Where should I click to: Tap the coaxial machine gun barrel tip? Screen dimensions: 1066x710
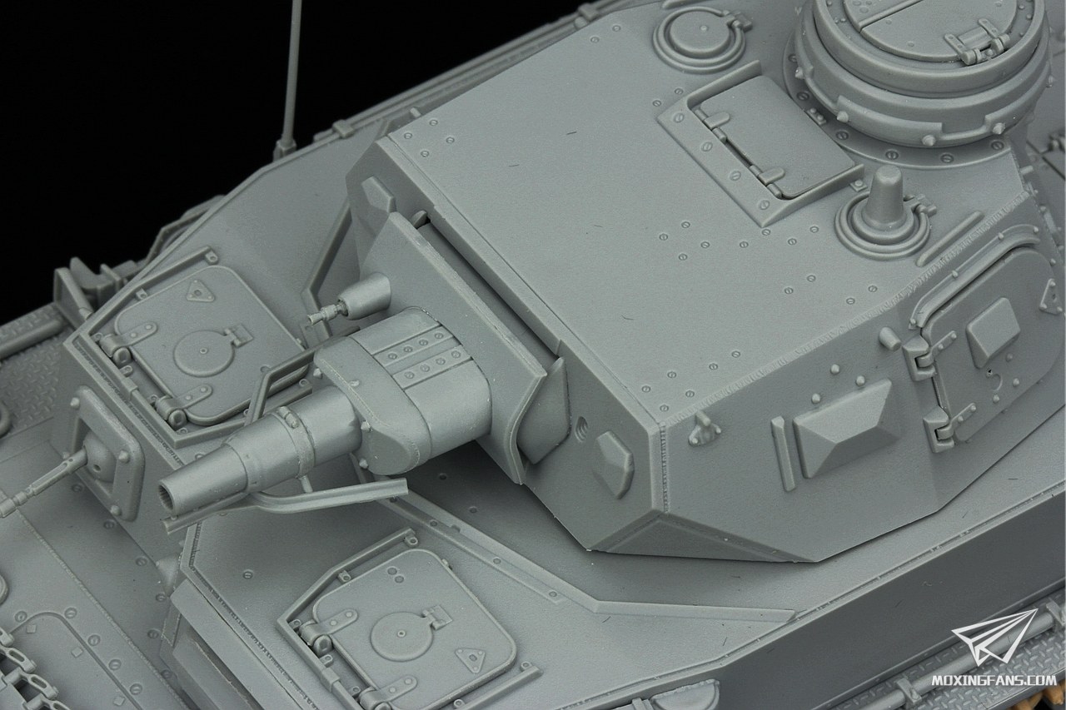314,319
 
